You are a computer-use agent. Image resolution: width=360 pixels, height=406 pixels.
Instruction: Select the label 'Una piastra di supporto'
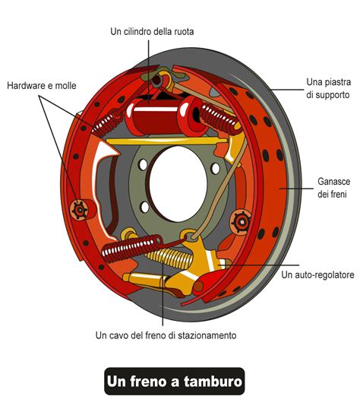point(327,88)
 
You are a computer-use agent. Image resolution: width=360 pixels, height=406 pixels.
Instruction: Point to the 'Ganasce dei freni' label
point(333,189)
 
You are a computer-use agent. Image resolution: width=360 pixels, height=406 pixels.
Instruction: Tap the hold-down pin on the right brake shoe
point(242,221)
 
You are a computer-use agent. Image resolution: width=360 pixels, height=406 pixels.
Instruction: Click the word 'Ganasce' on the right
point(333,182)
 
